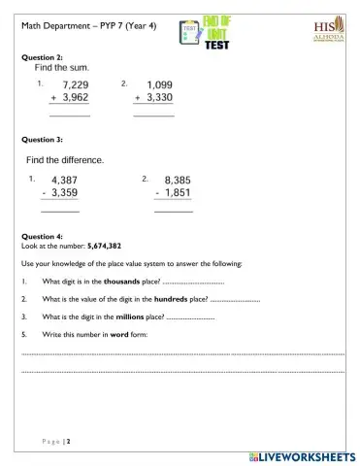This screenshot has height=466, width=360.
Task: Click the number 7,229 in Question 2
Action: pos(76,85)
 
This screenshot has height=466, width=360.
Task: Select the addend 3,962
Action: pos(76,98)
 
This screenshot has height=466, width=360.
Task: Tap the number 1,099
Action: pos(159,85)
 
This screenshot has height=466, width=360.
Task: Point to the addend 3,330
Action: pos(159,98)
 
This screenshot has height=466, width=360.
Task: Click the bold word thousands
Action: pos(121,281)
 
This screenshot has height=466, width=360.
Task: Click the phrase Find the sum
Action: pos(62,68)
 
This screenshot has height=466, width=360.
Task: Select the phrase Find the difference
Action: pos(65,159)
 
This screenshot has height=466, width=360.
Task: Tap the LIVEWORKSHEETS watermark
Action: pos(302,456)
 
